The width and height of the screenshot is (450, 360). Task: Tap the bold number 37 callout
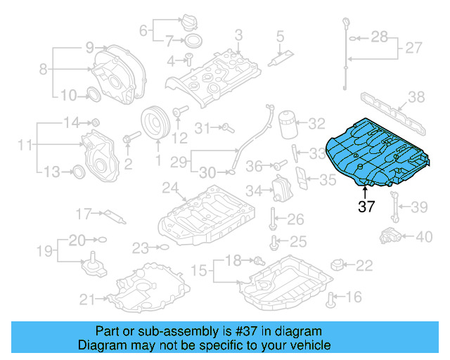[x=366, y=207]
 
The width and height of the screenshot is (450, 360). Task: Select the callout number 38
[x=416, y=97]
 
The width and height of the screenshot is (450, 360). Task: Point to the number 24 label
[x=169, y=188]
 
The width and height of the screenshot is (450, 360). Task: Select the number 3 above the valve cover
[x=238, y=34]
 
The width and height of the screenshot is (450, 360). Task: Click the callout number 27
[x=413, y=49]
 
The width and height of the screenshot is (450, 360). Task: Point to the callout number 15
[x=200, y=270]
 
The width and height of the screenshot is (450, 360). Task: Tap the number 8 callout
[x=44, y=70]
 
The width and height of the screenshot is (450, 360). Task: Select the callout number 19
[x=44, y=250]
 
